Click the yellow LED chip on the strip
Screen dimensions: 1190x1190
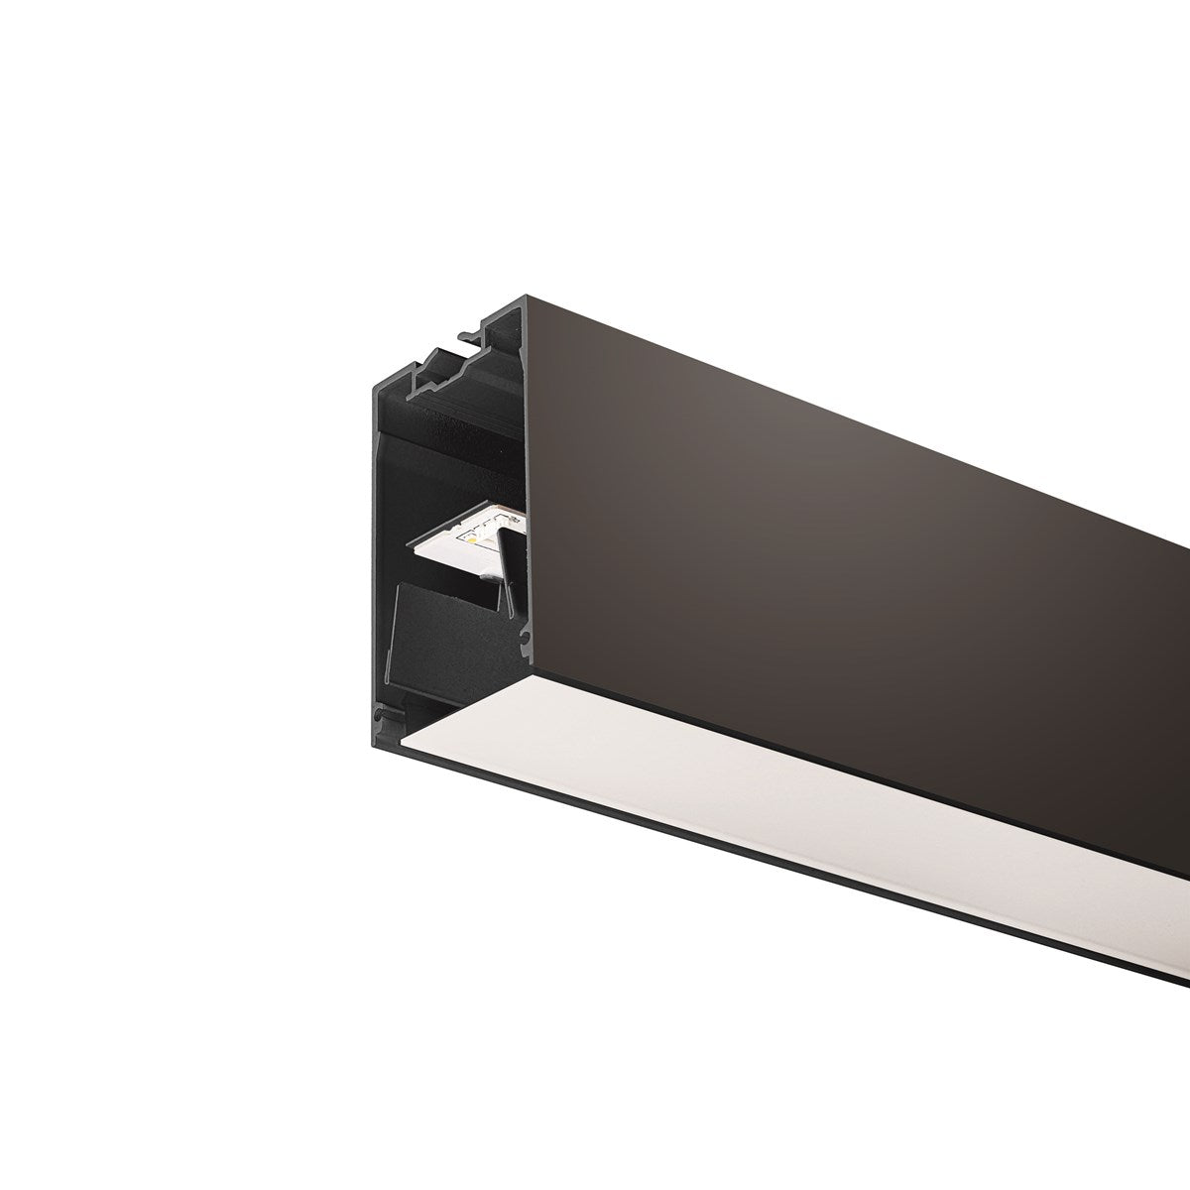tap(474, 538)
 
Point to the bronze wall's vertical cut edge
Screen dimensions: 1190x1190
tap(525, 496)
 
